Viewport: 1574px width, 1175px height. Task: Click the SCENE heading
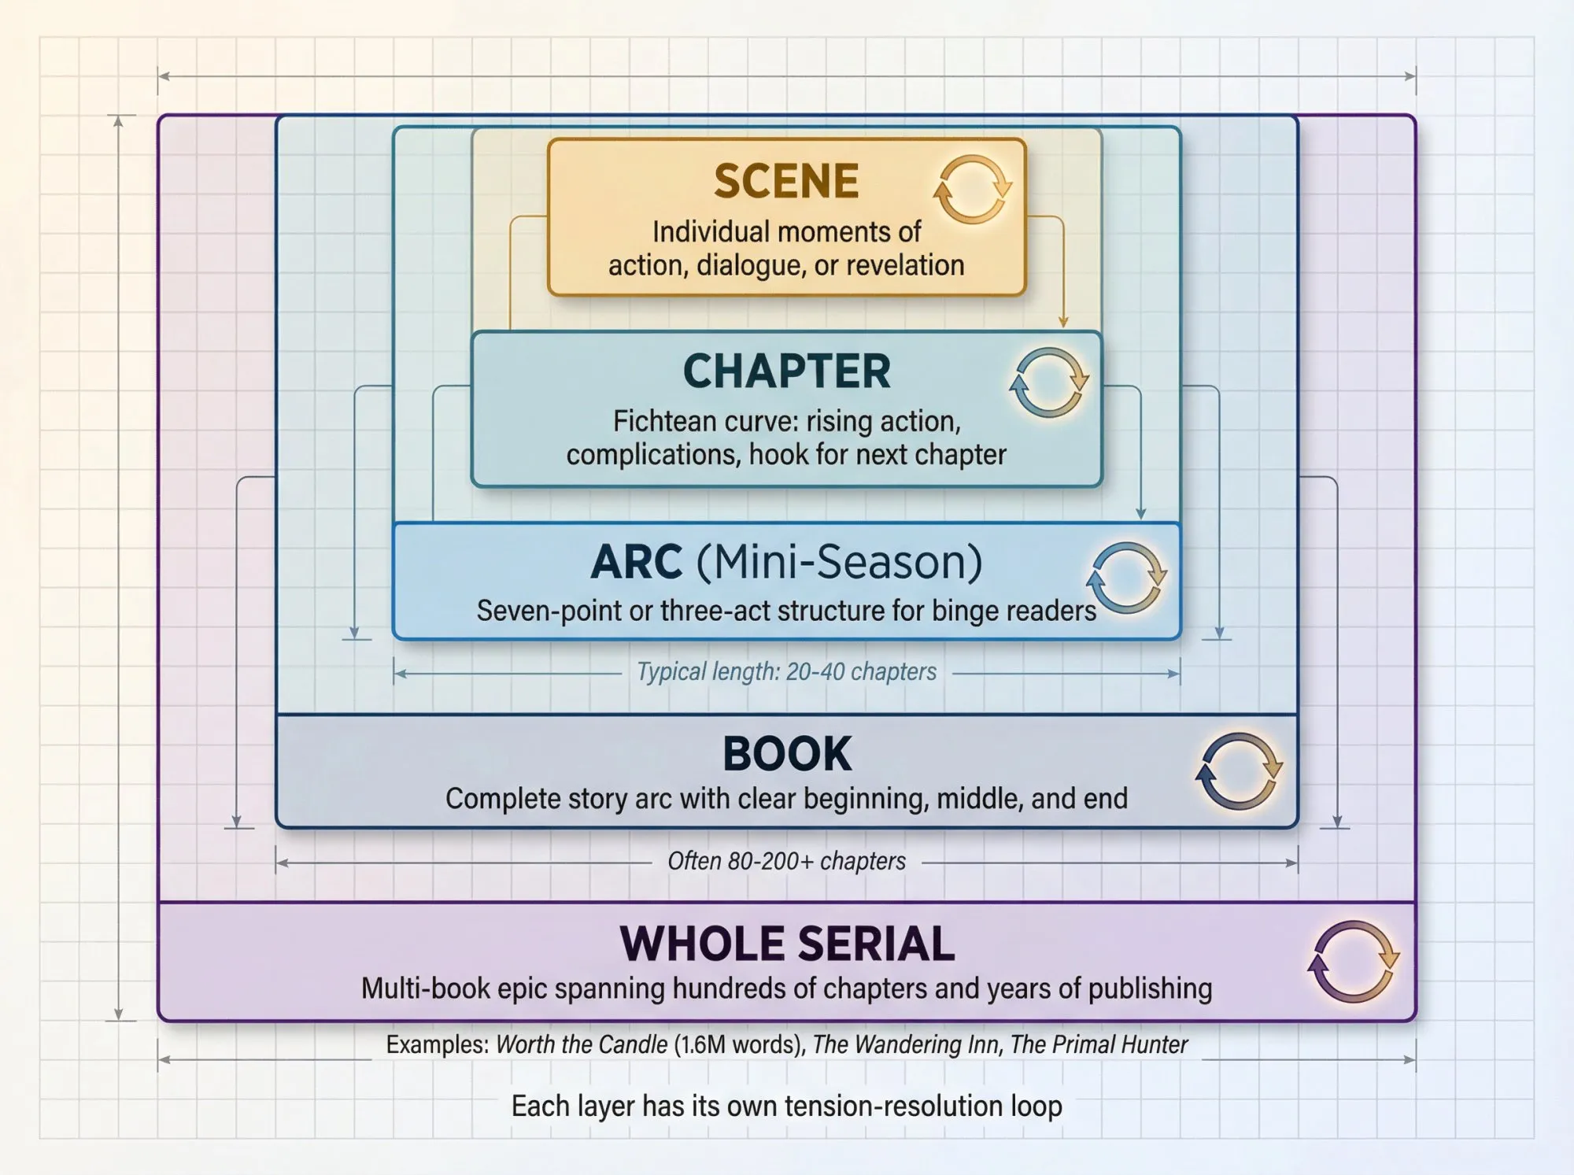786,181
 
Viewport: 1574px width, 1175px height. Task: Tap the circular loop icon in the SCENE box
973,190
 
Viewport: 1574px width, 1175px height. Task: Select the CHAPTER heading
786,371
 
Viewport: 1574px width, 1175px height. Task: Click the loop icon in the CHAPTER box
1049,382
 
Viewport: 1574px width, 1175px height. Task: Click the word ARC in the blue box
636,563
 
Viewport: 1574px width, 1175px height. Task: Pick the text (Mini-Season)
840,563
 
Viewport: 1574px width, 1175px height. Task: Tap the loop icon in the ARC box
1126,578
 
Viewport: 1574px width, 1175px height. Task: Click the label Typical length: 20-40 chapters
786,672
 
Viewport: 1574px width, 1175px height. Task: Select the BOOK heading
786,754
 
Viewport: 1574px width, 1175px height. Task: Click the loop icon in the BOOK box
1239,771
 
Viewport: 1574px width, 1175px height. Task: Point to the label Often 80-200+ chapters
786,862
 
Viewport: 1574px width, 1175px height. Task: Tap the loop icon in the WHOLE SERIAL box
1353,962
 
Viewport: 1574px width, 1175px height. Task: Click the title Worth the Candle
582,1045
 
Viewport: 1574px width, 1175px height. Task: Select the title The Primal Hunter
1099,1045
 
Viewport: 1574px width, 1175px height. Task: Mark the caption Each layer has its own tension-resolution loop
786,1107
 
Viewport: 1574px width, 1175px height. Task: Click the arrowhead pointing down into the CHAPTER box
1063,322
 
